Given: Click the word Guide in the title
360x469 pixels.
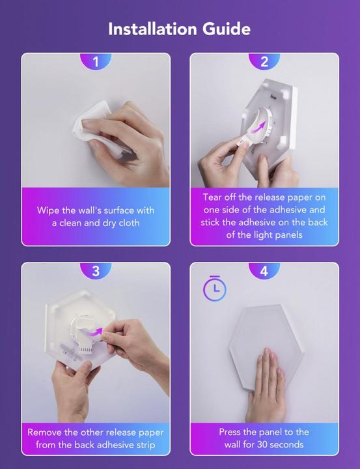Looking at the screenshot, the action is (x=227, y=29).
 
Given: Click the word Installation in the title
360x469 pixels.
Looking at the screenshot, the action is (x=152, y=29).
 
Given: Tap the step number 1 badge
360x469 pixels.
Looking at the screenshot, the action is (x=96, y=62).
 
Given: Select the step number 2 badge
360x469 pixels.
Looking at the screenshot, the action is (x=264, y=62).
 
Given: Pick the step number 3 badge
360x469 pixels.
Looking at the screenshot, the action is (x=96, y=271).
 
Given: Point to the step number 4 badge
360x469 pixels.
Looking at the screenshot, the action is (x=264, y=271).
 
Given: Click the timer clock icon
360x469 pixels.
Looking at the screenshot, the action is (x=215, y=288).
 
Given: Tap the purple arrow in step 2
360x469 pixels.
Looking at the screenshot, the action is (x=258, y=128).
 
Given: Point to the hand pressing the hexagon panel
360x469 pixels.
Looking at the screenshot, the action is (x=266, y=384).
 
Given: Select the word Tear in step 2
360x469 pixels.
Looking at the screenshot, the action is (x=212, y=197).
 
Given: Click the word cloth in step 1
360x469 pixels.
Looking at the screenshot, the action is (x=129, y=223).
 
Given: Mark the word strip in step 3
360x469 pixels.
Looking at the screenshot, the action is (x=144, y=445).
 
